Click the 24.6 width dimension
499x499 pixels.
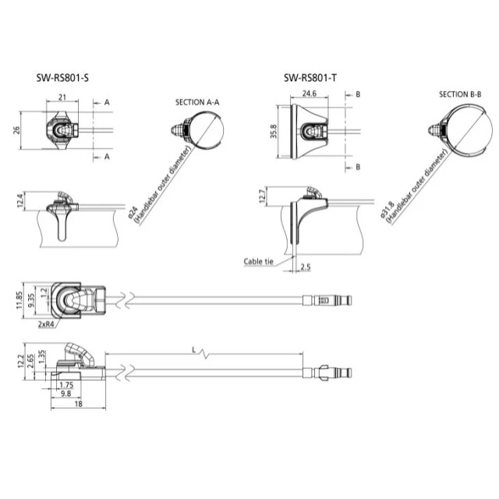[310, 93]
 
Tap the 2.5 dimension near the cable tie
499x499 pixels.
[306, 267]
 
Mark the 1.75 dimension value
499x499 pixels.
[65, 385]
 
